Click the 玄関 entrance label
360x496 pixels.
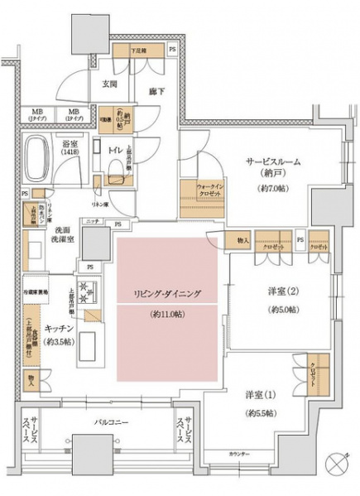109,83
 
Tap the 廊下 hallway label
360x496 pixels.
153,93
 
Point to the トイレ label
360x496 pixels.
115,150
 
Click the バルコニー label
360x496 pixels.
110,422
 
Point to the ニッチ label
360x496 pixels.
93,222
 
